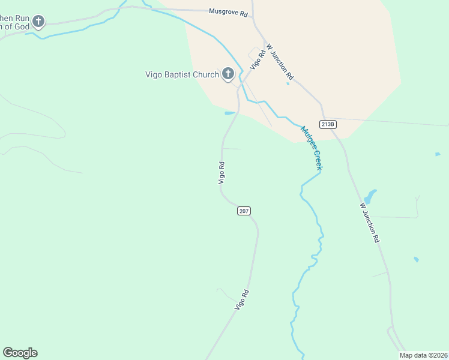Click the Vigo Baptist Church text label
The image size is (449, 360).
tap(182, 75)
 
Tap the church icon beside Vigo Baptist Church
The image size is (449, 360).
tap(228, 74)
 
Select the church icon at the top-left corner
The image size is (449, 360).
tap(38, 23)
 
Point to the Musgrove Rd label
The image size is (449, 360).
tap(228, 11)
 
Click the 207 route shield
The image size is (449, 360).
tap(244, 211)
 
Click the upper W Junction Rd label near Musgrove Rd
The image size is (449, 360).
tap(280, 62)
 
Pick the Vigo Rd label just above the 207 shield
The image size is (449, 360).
tap(221, 172)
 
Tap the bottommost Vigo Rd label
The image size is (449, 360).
tap(241, 300)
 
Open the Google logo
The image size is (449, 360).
tap(20, 353)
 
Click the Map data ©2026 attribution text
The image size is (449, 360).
tap(423, 355)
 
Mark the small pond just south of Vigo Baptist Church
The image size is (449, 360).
tap(229, 113)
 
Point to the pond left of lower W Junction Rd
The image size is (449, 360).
tap(370, 196)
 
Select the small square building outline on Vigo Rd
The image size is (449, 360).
tap(254, 53)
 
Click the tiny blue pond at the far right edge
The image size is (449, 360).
tap(438, 154)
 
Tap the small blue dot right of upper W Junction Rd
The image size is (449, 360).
tap(288, 83)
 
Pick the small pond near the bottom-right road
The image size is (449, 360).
tap(416, 260)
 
